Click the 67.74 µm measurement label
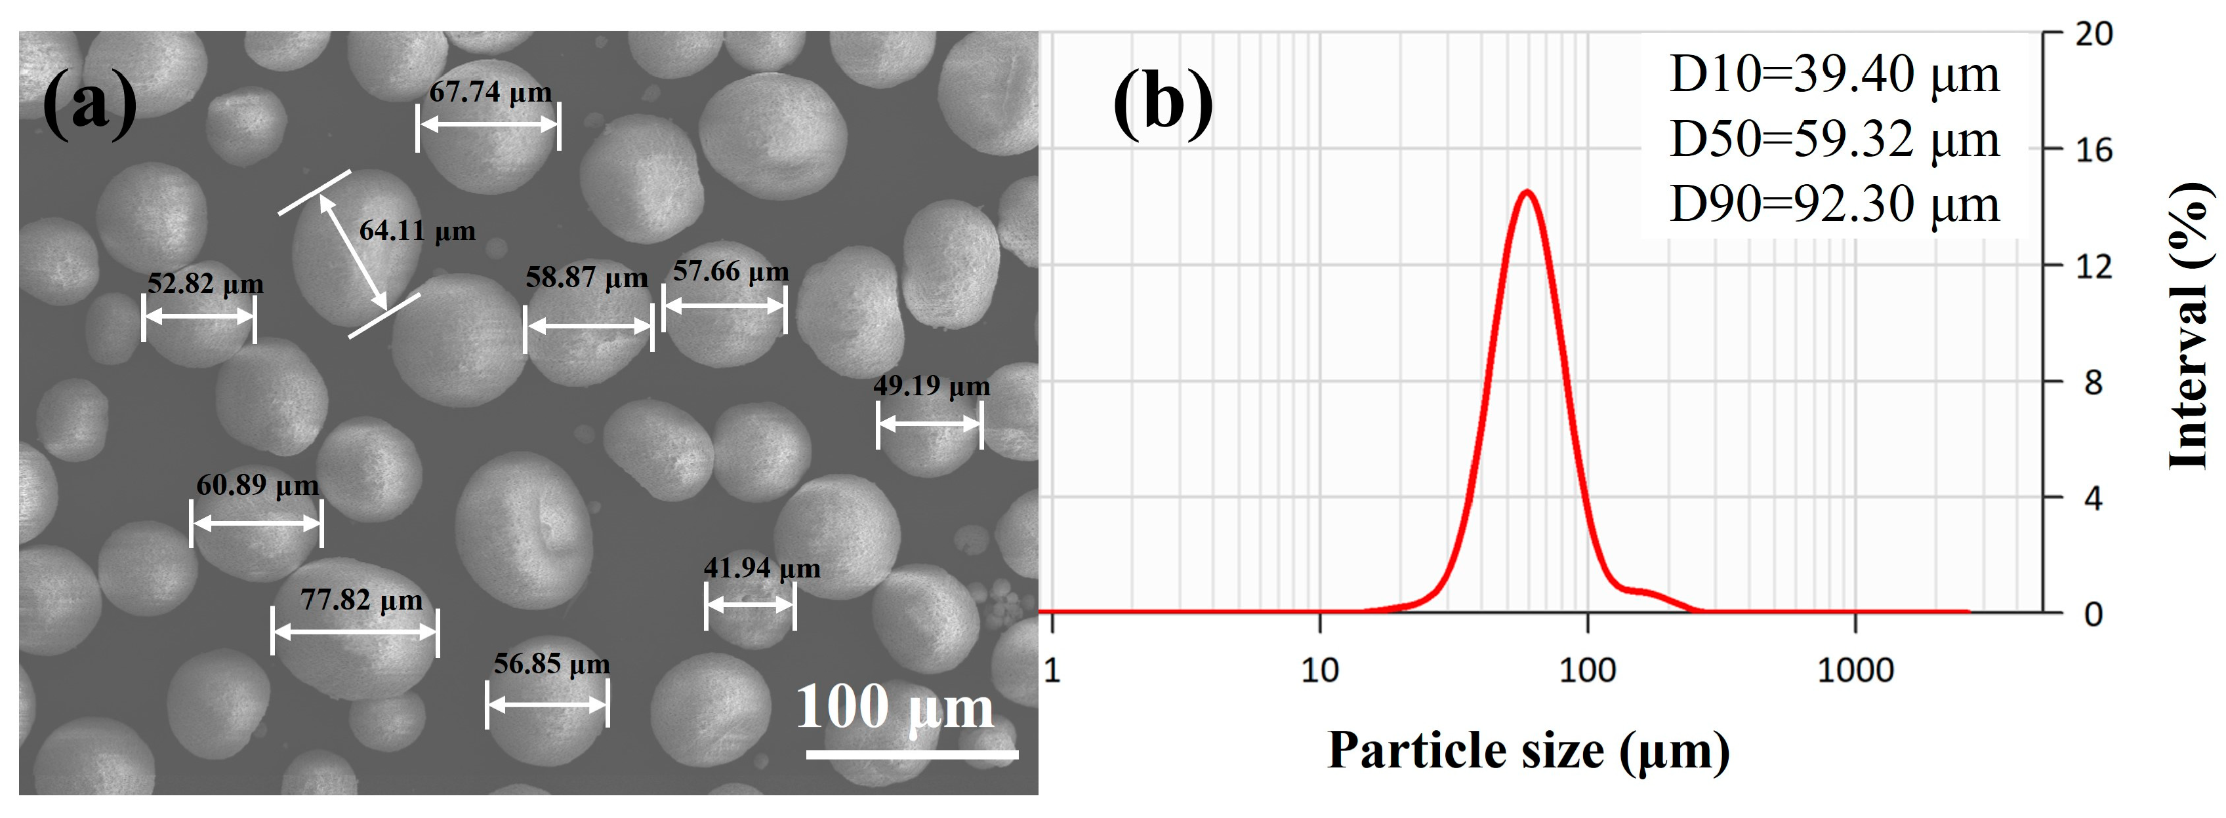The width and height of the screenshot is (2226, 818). (490, 92)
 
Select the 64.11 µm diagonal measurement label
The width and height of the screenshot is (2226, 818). (417, 231)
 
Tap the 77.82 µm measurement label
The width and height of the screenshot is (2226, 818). (361, 600)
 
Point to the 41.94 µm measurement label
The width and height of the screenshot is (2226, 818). (761, 568)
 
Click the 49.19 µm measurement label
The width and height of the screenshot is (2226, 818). (932, 385)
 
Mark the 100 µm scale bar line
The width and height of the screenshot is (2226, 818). (912, 754)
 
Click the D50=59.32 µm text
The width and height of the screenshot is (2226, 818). (1834, 139)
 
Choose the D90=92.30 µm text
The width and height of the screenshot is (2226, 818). (1834, 204)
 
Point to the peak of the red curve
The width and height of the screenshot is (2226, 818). (1527, 192)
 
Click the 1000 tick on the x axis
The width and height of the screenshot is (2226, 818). (1855, 671)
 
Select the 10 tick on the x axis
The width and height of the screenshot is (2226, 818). (1319, 671)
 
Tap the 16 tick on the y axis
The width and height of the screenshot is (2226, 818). (2092, 150)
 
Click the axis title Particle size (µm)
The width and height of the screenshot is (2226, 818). (1528, 749)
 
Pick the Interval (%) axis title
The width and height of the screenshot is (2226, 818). (2190, 326)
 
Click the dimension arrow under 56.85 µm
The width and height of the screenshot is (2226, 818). (547, 705)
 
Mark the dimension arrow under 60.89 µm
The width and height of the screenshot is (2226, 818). (256, 524)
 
